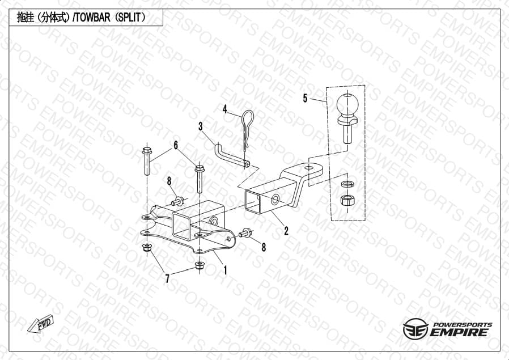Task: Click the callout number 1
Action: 225,270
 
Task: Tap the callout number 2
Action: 286,231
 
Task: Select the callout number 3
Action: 201,126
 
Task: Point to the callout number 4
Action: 224,109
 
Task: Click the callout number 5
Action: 305,98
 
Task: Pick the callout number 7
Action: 167,278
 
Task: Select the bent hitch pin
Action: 231,155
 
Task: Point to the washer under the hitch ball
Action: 347,184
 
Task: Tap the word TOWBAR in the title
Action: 92,18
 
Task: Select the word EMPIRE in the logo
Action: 459,332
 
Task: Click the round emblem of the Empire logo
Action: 415,329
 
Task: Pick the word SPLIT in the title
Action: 129,18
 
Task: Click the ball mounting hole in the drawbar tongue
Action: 309,168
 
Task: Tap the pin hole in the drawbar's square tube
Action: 275,200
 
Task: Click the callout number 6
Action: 176,145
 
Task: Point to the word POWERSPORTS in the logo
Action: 463,325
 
